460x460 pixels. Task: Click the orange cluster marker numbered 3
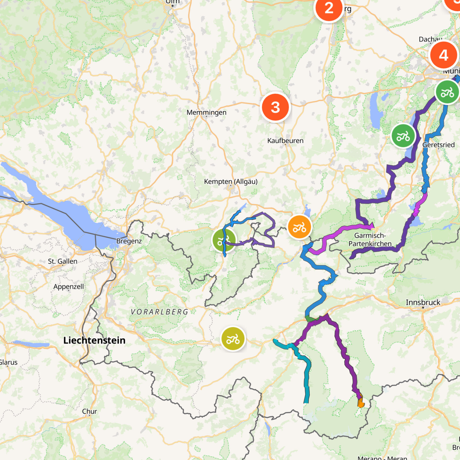tap(275, 107)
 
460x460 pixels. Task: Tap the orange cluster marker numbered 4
tap(443, 55)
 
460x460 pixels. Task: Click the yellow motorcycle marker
tap(233, 339)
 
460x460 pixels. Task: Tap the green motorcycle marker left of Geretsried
tap(403, 136)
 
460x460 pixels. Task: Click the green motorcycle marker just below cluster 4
tap(447, 92)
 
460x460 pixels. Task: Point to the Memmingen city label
tap(206, 113)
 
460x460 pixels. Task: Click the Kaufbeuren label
tap(285, 141)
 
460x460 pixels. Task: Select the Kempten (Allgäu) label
tap(231, 182)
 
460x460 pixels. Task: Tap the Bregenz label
tap(129, 241)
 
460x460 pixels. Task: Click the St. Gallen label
tap(62, 261)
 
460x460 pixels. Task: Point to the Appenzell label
tap(68, 287)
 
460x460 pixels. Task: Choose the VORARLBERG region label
tap(159, 312)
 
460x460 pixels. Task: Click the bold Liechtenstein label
tap(94, 340)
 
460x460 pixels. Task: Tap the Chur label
tap(89, 411)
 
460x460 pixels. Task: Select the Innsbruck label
tap(423, 302)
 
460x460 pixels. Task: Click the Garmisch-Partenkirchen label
tap(370, 239)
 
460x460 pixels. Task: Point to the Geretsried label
tap(438, 145)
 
